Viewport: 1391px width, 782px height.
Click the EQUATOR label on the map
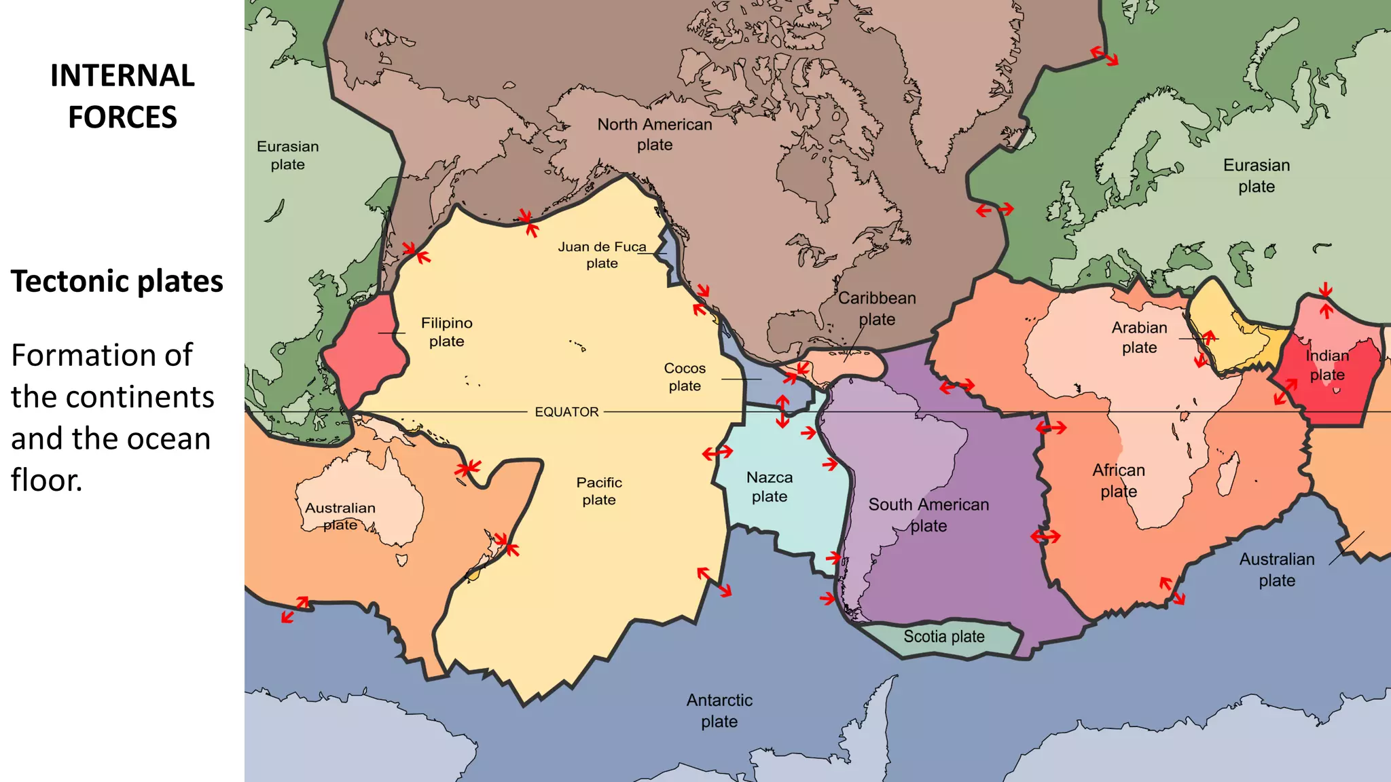pos(566,412)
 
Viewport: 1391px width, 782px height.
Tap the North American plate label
pos(655,134)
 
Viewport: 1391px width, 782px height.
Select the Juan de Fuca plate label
pos(602,255)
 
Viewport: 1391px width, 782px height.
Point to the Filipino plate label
pos(446,332)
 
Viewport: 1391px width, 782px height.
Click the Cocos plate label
pos(685,377)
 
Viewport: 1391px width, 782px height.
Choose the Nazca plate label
pos(770,487)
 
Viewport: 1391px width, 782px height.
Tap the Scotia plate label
pos(943,637)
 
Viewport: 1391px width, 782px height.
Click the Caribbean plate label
pos(877,308)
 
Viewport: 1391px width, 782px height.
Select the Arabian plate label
pos(1139,337)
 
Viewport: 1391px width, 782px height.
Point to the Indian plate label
pos(1327,365)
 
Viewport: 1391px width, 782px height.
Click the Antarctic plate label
pos(719,710)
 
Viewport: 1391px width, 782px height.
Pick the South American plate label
pos(928,515)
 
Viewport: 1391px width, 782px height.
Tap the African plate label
pos(1119,481)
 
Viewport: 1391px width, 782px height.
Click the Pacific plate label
pos(599,491)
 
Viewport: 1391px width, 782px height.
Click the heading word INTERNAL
pos(122,75)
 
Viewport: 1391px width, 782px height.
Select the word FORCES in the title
pos(122,117)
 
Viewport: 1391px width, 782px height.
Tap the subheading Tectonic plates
pos(117,282)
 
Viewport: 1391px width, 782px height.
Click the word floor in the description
pos(46,480)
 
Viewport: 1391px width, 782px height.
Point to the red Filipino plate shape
pos(363,353)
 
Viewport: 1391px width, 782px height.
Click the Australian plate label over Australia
pos(340,516)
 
